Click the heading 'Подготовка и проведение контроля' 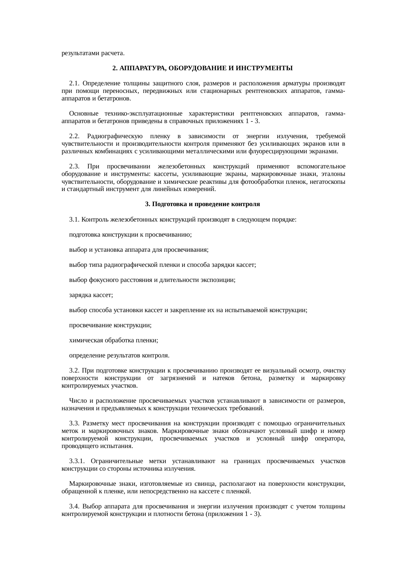pos(203,204)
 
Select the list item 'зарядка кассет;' pos(91,295)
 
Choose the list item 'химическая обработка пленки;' pos(114,340)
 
